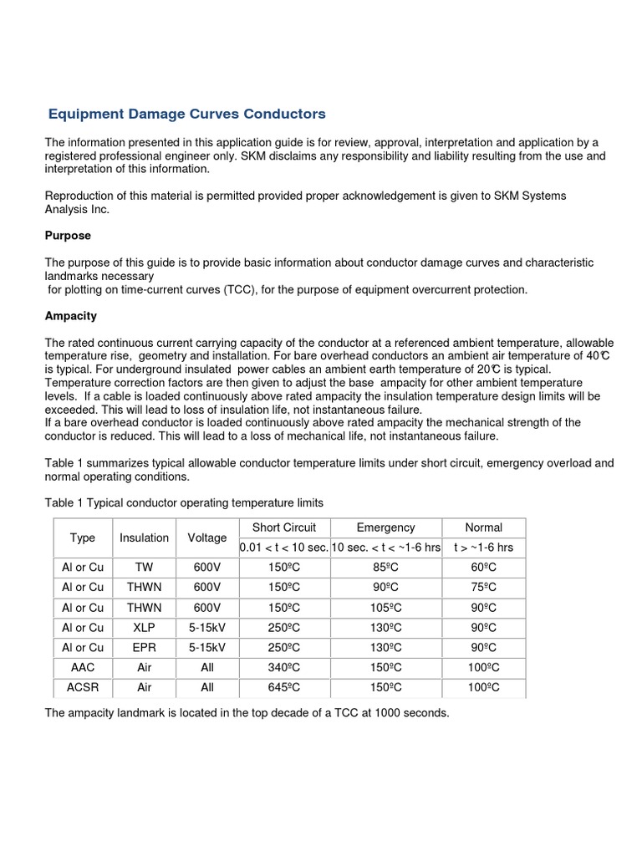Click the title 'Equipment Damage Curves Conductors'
click(186, 113)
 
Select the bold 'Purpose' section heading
click(68, 236)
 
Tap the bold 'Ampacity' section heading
click(71, 316)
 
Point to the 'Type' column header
click(83, 538)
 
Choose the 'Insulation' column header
click(144, 538)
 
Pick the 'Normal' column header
click(483, 527)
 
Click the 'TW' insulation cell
click(144, 566)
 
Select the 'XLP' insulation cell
click(144, 627)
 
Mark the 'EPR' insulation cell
click(144, 647)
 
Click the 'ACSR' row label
click(83, 687)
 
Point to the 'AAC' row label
click(83, 667)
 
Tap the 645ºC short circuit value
click(283, 687)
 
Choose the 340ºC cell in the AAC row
click(283, 667)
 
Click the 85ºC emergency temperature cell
click(385, 566)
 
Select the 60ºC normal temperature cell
click(483, 566)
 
